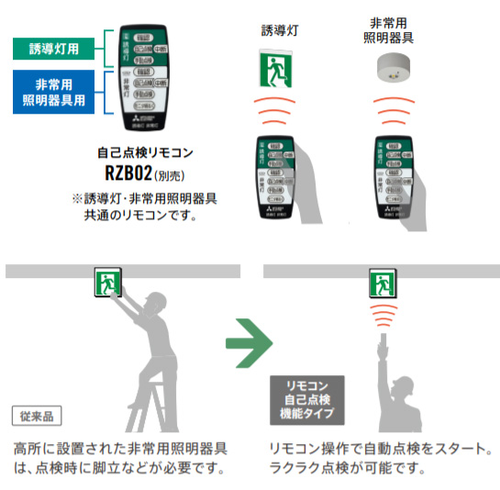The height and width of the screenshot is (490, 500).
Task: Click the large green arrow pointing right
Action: pos(250,345)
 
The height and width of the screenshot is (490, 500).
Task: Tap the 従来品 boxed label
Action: pos(38,417)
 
